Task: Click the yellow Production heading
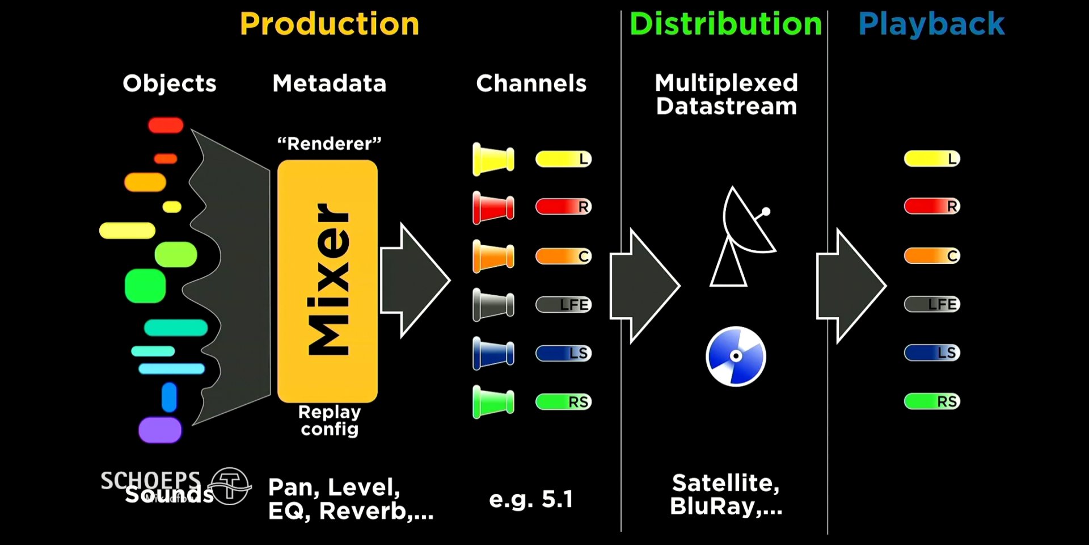click(x=329, y=24)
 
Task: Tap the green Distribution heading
click(x=725, y=24)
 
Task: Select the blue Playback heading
click(x=931, y=24)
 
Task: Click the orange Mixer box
click(x=327, y=281)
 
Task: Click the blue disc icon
click(x=736, y=357)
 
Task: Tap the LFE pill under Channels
click(x=563, y=305)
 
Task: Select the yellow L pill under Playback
click(x=931, y=159)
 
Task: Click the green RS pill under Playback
click(x=931, y=401)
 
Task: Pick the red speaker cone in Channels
click(x=493, y=207)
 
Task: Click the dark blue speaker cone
click(x=493, y=353)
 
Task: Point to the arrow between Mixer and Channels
click(x=414, y=280)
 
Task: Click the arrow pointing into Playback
click(x=850, y=286)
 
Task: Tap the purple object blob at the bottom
click(x=160, y=430)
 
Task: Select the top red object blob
click(x=166, y=125)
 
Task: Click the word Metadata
click(x=329, y=83)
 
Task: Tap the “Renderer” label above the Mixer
click(x=329, y=143)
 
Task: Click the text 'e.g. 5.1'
click(x=531, y=500)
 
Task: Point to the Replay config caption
click(x=330, y=420)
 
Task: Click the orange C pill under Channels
click(x=563, y=256)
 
